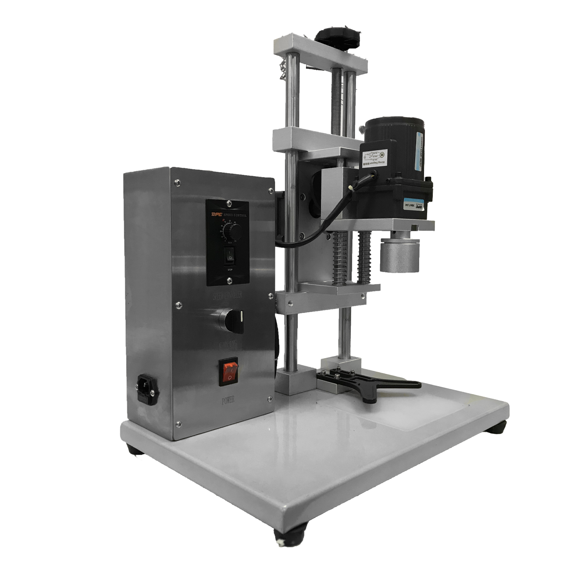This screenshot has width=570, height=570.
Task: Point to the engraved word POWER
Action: pyautogui.click(x=230, y=400)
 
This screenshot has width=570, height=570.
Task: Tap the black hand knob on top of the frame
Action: pyautogui.click(x=338, y=34)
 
